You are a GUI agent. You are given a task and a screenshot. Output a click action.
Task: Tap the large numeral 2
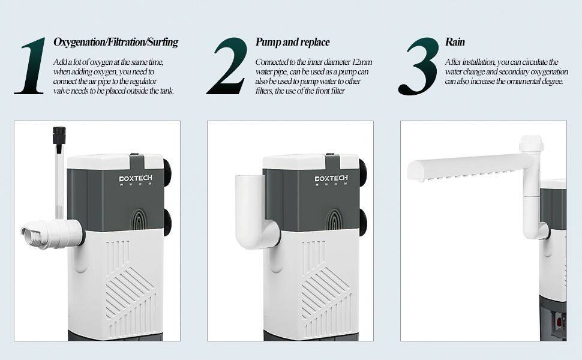pos(227,65)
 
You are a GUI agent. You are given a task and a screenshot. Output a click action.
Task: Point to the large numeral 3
pos(419,66)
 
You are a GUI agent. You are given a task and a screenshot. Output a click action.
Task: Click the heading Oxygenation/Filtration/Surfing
pos(116,42)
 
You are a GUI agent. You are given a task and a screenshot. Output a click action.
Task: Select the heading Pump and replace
pos(292,42)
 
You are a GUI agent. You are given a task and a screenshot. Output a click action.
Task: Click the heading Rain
pos(455,42)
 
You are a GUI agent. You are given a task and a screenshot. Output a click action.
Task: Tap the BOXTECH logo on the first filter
pos(136,179)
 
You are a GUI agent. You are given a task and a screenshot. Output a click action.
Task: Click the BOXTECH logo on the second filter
pos(331,179)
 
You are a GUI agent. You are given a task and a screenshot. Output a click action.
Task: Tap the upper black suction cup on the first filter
pos(167,173)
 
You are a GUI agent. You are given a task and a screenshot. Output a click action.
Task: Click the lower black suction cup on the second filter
pos(363,223)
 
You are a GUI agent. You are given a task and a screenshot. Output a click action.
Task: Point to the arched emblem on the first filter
pos(139,220)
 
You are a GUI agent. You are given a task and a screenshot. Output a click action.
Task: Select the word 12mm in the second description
pos(362,62)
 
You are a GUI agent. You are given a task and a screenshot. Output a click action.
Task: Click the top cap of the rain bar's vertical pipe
pos(531,143)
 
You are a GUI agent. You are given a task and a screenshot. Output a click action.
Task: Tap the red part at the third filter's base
pos(559,320)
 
